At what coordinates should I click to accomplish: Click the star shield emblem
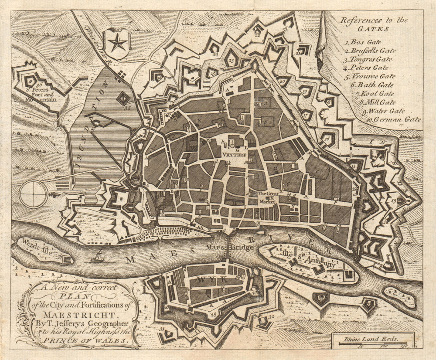tap(118, 43)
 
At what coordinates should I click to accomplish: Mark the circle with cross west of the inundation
tap(33, 194)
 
